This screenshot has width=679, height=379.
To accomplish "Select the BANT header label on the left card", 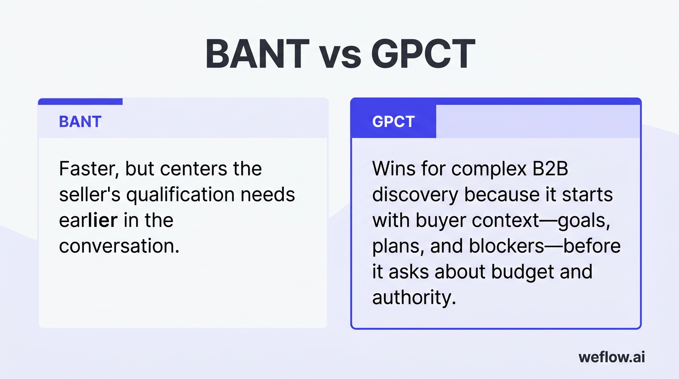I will [x=80, y=121].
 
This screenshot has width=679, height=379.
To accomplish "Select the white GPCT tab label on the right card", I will [x=393, y=122].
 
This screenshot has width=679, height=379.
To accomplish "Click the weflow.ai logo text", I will [x=611, y=357].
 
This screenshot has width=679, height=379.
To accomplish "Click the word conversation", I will [x=118, y=246].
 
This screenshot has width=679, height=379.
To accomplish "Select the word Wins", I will [x=393, y=169].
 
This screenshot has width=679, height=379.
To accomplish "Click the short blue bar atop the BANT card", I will [x=80, y=101].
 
